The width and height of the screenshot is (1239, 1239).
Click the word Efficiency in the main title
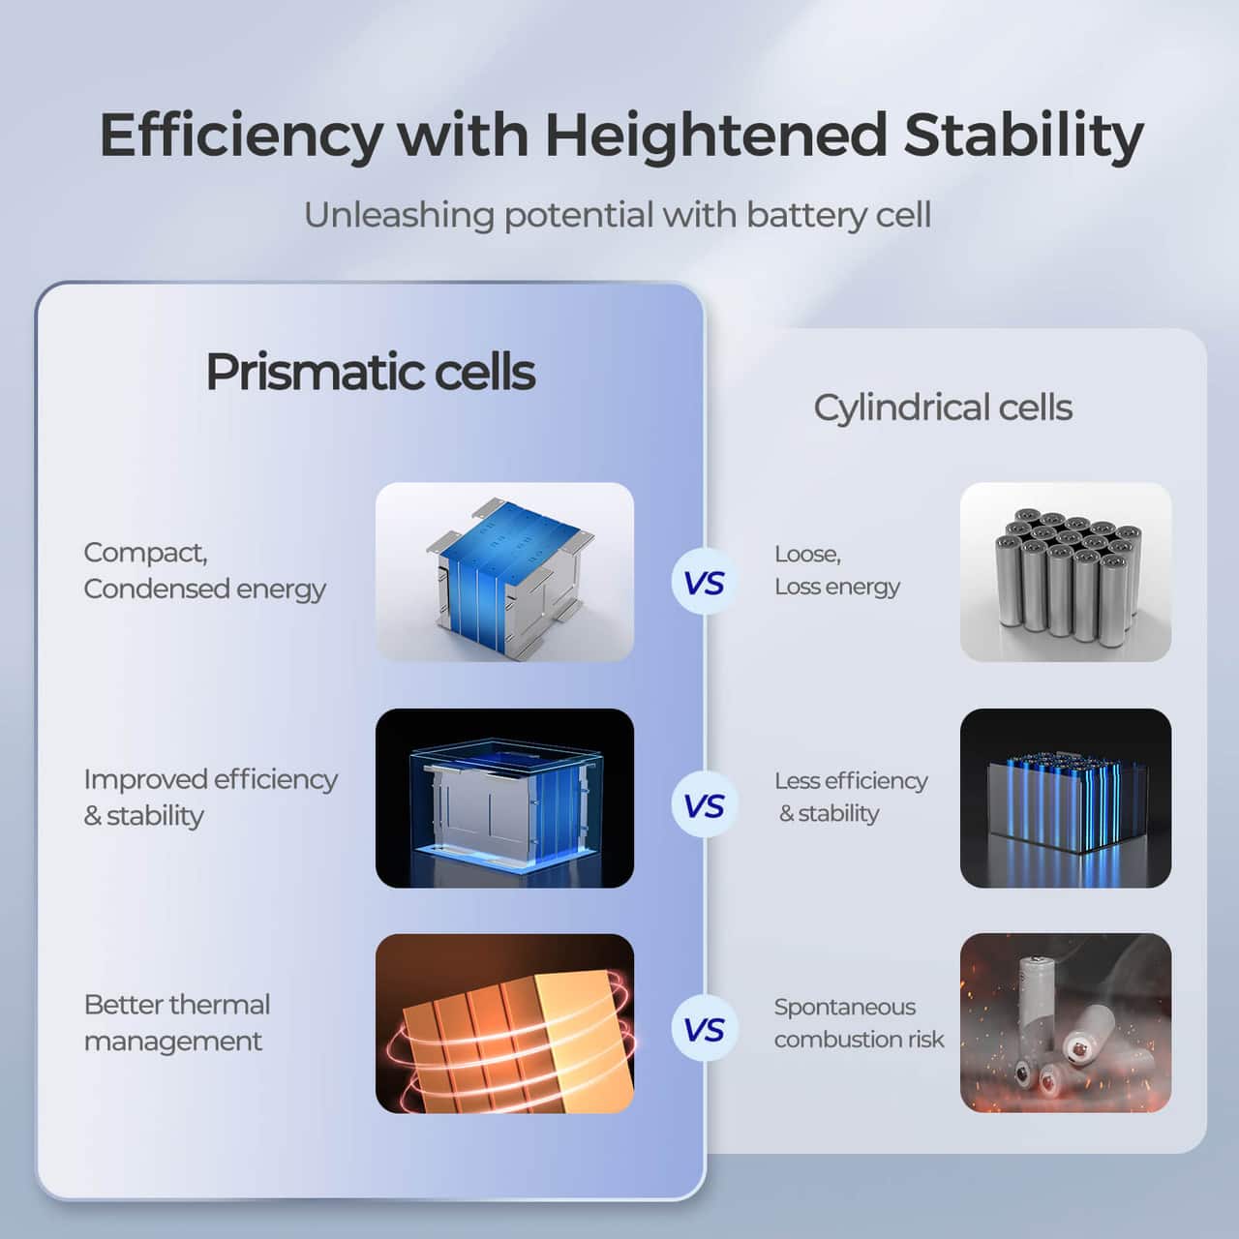click(241, 136)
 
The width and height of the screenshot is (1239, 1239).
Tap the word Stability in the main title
click(1023, 136)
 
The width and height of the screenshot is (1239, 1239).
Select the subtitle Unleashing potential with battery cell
click(618, 215)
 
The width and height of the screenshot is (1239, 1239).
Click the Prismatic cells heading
click(370, 372)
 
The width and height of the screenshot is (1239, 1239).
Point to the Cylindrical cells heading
click(942, 408)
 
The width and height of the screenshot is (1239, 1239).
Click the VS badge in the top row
click(704, 583)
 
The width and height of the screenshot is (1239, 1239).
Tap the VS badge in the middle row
click(704, 806)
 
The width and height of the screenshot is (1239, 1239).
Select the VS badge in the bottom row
click(704, 1030)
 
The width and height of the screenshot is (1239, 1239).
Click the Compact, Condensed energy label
click(204, 570)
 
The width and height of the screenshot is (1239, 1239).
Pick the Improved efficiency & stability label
click(210, 797)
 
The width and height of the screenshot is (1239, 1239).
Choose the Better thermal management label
click(176, 1022)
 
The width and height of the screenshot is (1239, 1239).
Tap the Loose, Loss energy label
click(836, 570)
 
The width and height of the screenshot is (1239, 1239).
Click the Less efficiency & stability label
click(850, 797)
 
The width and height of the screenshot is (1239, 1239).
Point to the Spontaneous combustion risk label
click(858, 1022)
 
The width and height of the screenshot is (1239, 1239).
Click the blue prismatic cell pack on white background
click(504, 572)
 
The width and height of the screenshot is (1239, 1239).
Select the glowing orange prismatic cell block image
click(504, 1023)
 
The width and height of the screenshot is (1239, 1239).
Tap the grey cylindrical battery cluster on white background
click(1065, 572)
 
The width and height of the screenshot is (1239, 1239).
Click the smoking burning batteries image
click(1065, 1023)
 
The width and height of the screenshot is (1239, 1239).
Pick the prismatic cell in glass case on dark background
click(504, 798)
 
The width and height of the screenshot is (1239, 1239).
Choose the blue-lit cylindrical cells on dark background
click(1065, 798)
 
